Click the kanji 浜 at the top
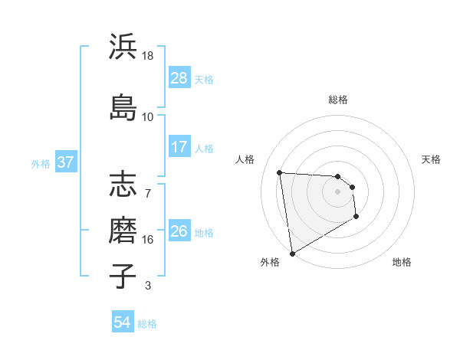point(123,47)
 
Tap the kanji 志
point(123,186)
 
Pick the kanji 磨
point(123,229)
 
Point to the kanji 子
point(123,275)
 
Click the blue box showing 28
point(179,78)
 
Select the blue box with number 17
point(179,146)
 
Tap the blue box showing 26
point(179,231)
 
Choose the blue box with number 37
point(66,162)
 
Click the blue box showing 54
point(123,322)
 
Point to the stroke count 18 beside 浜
point(148,56)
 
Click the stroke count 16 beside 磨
point(148,240)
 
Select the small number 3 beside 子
point(148,286)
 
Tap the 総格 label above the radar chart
point(337,100)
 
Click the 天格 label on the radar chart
point(431,159)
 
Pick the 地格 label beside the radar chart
point(402,262)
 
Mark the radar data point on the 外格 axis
point(291,253)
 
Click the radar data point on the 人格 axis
point(280,172)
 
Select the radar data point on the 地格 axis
point(356,218)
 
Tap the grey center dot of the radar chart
point(337,192)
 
